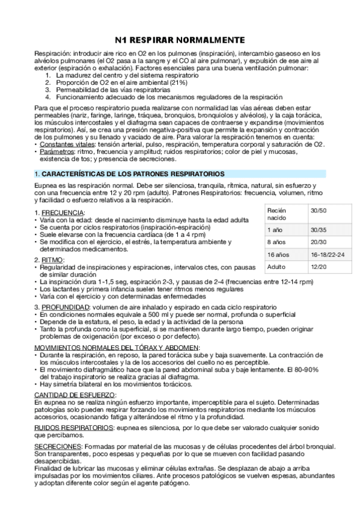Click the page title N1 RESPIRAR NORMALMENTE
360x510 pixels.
click(180, 40)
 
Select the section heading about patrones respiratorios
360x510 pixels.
click(129, 174)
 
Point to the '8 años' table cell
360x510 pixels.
click(277, 242)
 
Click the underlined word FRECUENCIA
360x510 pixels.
click(63, 214)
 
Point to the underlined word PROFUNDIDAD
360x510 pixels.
click(66, 307)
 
